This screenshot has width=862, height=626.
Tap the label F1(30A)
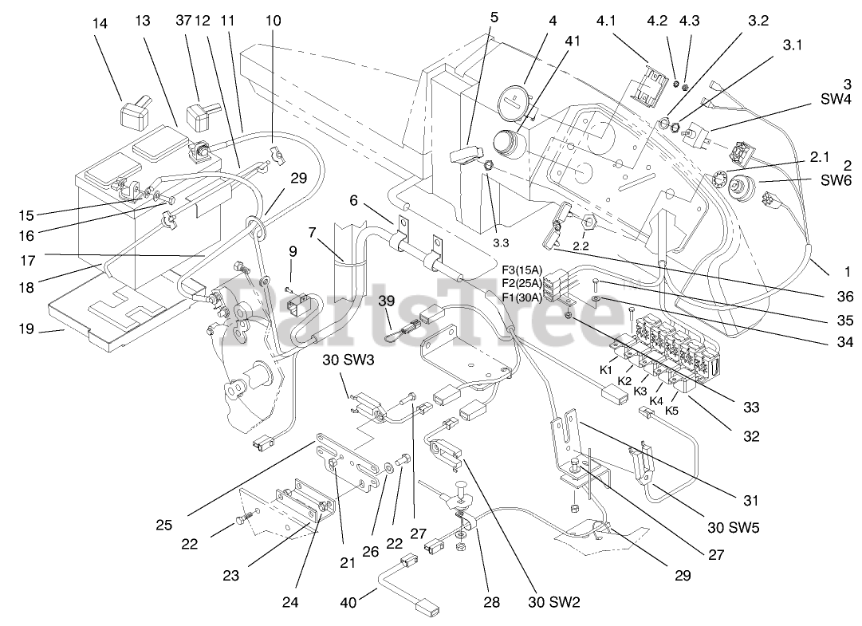click(522, 297)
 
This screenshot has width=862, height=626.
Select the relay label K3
click(640, 390)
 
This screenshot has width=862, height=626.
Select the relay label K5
click(671, 411)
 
